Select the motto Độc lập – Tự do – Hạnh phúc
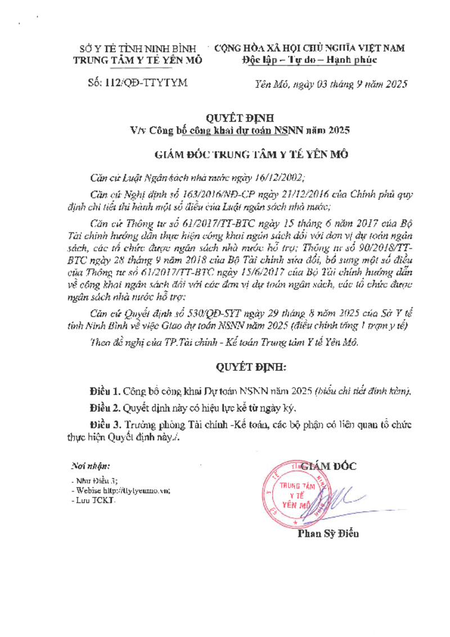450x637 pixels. click(309, 60)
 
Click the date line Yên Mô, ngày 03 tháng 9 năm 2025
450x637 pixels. click(331, 84)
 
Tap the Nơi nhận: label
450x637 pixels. click(91, 466)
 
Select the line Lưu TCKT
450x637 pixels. click(93, 501)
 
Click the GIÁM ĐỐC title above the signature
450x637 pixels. click(328, 466)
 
